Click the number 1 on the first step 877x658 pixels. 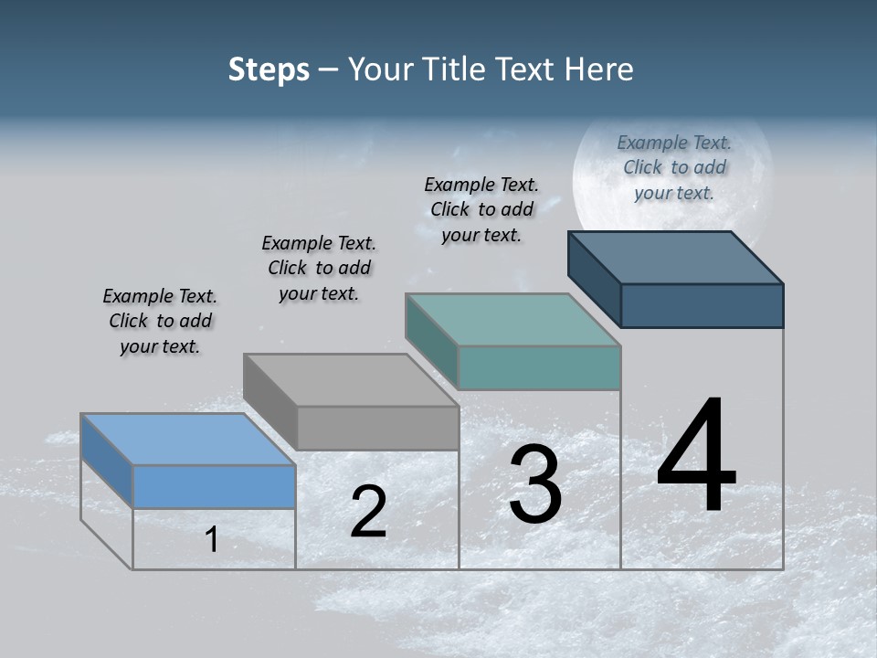pos(212,539)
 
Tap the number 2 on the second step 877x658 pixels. pos(368,512)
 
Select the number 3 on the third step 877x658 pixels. pos(534,484)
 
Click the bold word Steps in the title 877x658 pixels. pos(269,69)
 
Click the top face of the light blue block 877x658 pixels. pos(187,440)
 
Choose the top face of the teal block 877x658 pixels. pos(512,320)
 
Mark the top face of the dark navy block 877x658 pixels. pos(675,258)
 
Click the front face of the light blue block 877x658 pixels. pos(214,486)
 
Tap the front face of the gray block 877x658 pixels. pos(377,428)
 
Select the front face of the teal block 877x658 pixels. pos(539,367)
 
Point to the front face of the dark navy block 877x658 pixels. pos(702,305)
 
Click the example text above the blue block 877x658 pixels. pos(160,321)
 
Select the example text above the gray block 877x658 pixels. pos(319,268)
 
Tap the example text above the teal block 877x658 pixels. pos(481,209)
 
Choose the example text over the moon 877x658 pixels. pos(674,167)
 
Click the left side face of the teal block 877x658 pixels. pos(431,340)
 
